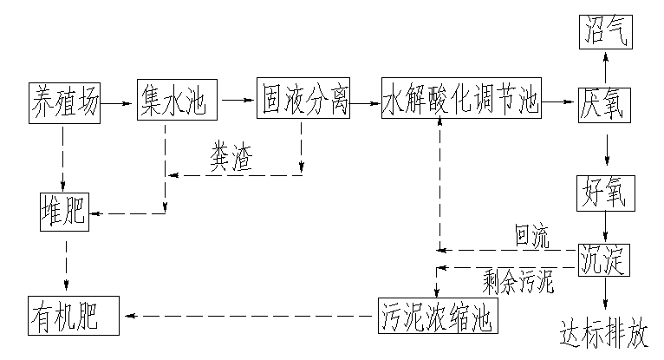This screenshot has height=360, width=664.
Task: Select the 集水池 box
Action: click(x=172, y=102)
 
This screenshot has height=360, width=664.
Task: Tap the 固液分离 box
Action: click(x=303, y=102)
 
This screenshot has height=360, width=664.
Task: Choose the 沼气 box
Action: click(x=605, y=33)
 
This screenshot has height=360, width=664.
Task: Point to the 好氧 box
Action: click(x=605, y=193)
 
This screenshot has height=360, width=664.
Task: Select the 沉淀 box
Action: click(x=605, y=259)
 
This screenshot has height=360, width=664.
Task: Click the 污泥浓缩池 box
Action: click(x=438, y=315)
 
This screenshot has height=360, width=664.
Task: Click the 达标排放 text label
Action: click(x=604, y=333)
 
